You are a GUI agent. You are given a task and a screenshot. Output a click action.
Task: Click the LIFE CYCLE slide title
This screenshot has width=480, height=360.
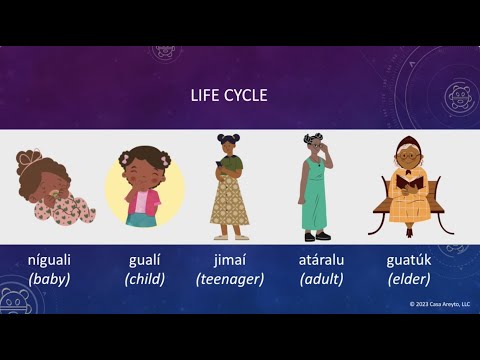coord(229,97)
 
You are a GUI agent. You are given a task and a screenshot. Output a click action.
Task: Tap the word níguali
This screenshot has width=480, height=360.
coord(49,260)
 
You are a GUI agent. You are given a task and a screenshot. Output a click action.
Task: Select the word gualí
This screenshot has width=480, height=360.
coord(145,260)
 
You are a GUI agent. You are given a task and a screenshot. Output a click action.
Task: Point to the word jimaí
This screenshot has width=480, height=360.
coord(229,260)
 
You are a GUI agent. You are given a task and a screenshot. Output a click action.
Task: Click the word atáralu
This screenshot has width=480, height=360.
coord(322,260)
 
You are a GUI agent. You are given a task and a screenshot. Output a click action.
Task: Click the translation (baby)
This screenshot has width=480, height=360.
coord(49,279)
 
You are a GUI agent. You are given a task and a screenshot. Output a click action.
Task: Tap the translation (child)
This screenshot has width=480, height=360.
coord(145,279)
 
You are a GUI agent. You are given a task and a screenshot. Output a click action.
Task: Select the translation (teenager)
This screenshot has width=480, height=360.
coord(229,279)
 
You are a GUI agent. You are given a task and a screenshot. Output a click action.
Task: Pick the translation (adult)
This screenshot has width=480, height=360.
coord(322,279)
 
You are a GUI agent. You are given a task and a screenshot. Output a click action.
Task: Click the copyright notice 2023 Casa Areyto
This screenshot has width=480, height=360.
coord(439,304)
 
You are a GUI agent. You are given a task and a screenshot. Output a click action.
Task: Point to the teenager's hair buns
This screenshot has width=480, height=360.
coord(229,140)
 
